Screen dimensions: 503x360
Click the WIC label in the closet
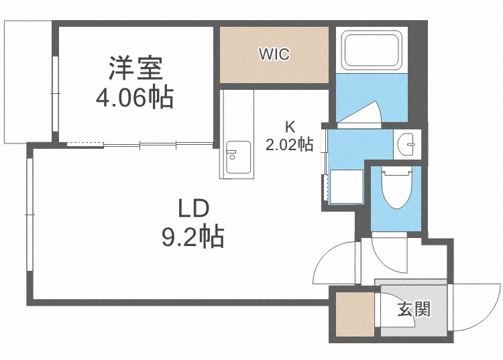coord(274,54)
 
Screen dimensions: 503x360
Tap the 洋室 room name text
coord(135,68)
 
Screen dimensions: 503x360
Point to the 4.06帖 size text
coord(135,97)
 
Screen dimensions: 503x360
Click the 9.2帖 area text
coord(192,237)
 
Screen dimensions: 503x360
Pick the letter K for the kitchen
coord(290,127)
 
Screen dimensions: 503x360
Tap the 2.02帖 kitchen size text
coord(289,144)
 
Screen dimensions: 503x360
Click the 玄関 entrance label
coord(414,308)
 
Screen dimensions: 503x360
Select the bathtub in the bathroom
coord(372,50)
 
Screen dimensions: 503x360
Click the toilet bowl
coord(396,188)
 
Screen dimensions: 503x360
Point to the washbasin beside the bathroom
coord(407,144)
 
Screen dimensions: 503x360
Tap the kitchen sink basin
coord(238,158)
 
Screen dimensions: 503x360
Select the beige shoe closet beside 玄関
coord(355,314)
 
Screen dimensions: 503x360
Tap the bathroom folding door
coord(359,114)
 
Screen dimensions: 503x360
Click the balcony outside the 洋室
coord(27,82)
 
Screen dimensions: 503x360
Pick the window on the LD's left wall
coord(30,215)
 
